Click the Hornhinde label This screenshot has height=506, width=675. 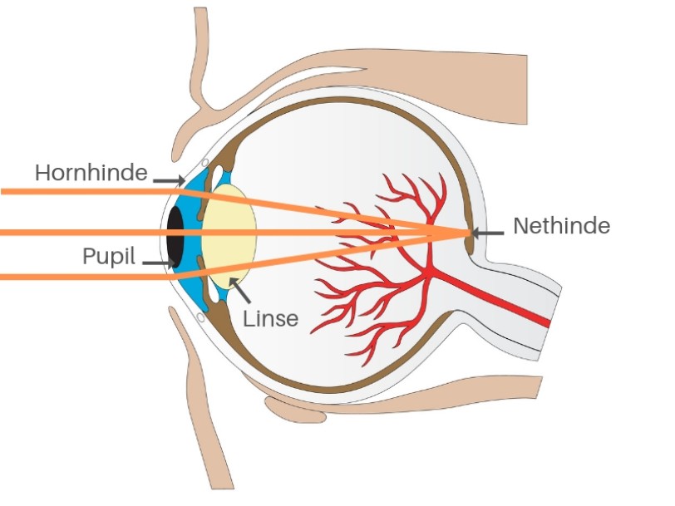click(x=91, y=173)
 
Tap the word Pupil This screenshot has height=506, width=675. click(x=109, y=256)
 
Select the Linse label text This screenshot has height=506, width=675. click(x=270, y=317)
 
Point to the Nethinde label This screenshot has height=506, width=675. click(x=562, y=225)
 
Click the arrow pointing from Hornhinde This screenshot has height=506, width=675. click(x=170, y=178)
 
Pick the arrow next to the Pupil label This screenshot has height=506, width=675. click(x=157, y=263)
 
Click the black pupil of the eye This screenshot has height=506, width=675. click(x=175, y=233)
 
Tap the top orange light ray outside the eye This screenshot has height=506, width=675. click(x=83, y=191)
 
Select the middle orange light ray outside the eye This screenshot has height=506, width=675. click(x=83, y=232)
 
